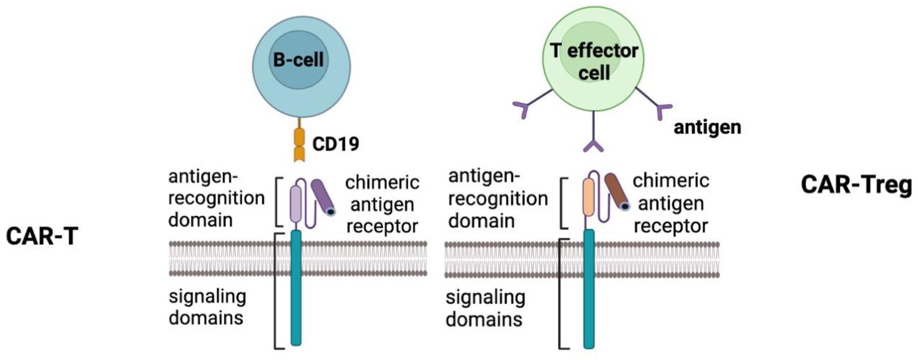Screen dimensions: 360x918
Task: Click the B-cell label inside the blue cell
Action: point(298,60)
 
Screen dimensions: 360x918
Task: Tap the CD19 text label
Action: point(335,144)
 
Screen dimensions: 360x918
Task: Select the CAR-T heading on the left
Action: point(42,236)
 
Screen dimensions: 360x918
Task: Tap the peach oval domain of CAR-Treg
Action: point(589,197)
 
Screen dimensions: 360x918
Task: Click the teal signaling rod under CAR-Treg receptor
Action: point(589,289)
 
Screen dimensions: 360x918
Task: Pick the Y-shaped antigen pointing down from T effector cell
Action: point(593,146)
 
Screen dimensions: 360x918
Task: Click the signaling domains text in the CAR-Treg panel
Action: point(485,308)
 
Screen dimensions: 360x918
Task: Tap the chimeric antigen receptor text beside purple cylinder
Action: point(382,205)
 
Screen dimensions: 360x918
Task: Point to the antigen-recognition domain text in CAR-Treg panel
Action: point(498,198)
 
